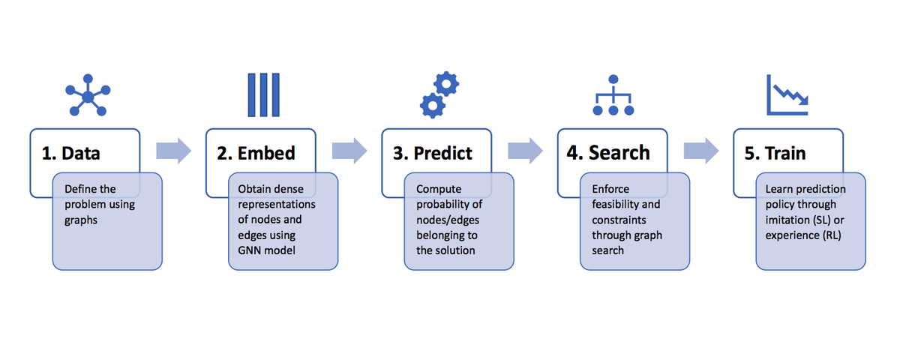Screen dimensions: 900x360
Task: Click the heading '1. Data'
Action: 70,153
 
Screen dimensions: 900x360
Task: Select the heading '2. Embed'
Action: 256,153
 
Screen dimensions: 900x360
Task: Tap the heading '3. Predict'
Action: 432,153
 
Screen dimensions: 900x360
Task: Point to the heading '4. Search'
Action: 608,153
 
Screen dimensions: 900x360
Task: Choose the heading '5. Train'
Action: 775,153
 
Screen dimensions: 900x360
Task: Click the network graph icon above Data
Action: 88,95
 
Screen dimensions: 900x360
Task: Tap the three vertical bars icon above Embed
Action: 263,94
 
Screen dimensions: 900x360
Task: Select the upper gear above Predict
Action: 446,84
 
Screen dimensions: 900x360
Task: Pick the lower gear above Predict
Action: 432,106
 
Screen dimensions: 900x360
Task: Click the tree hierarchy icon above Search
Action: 613,95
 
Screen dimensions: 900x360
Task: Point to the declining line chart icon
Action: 787,94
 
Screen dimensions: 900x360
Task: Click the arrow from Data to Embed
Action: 173,151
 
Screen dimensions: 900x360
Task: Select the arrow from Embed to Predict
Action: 349,151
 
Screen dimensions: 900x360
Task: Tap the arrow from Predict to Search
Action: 526,151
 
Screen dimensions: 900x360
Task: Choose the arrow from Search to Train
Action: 701,151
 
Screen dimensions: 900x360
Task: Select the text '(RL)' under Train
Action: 831,235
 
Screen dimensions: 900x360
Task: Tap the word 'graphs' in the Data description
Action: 81,220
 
